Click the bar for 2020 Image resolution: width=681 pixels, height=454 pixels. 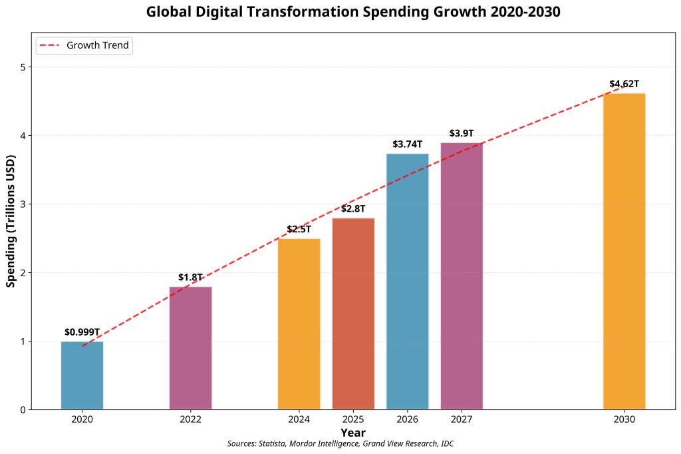click(x=82, y=375)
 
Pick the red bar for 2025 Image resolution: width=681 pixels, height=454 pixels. click(x=353, y=314)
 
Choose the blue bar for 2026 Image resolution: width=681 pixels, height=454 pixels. click(x=407, y=282)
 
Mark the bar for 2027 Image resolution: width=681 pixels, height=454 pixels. click(x=462, y=276)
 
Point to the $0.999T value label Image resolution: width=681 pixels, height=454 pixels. click(x=82, y=332)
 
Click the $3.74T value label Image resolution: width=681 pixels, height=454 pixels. click(x=407, y=144)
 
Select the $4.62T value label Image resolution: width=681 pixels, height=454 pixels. click(x=624, y=84)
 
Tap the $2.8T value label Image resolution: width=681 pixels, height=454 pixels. click(x=353, y=209)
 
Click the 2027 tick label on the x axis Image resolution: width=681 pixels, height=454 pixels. click(x=462, y=419)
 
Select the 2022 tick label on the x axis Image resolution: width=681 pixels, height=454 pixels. click(x=190, y=419)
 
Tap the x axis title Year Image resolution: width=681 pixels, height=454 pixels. click(x=353, y=432)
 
